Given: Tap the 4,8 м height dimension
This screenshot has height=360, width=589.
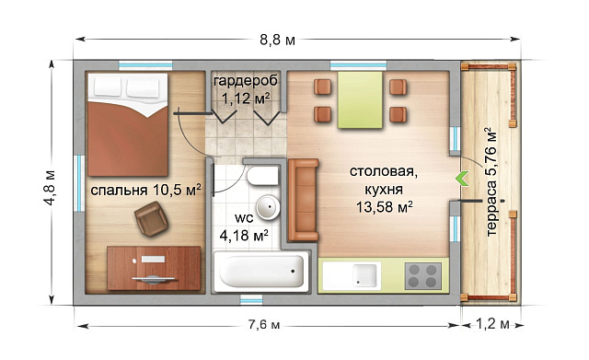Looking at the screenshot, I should point(50,189).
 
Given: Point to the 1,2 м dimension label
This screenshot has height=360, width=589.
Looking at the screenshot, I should point(492,324).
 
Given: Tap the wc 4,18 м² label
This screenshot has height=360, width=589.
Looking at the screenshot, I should point(244,227).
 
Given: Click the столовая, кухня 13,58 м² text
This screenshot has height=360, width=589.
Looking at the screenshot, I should point(380,189).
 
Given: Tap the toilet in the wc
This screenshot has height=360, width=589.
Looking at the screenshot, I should point(262,176).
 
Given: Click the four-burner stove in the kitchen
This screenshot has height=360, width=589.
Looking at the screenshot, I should point(423,275).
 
